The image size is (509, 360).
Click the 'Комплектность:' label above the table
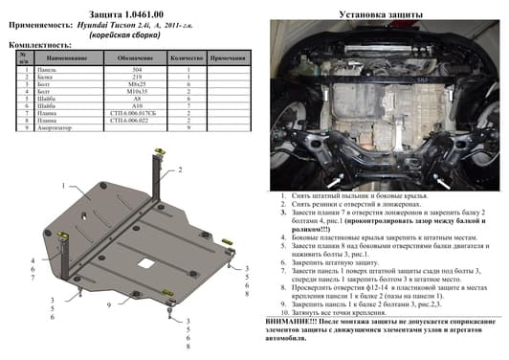[39, 45]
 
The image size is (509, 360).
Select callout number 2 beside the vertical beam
[178, 169]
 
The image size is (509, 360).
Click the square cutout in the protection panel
[147, 261]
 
